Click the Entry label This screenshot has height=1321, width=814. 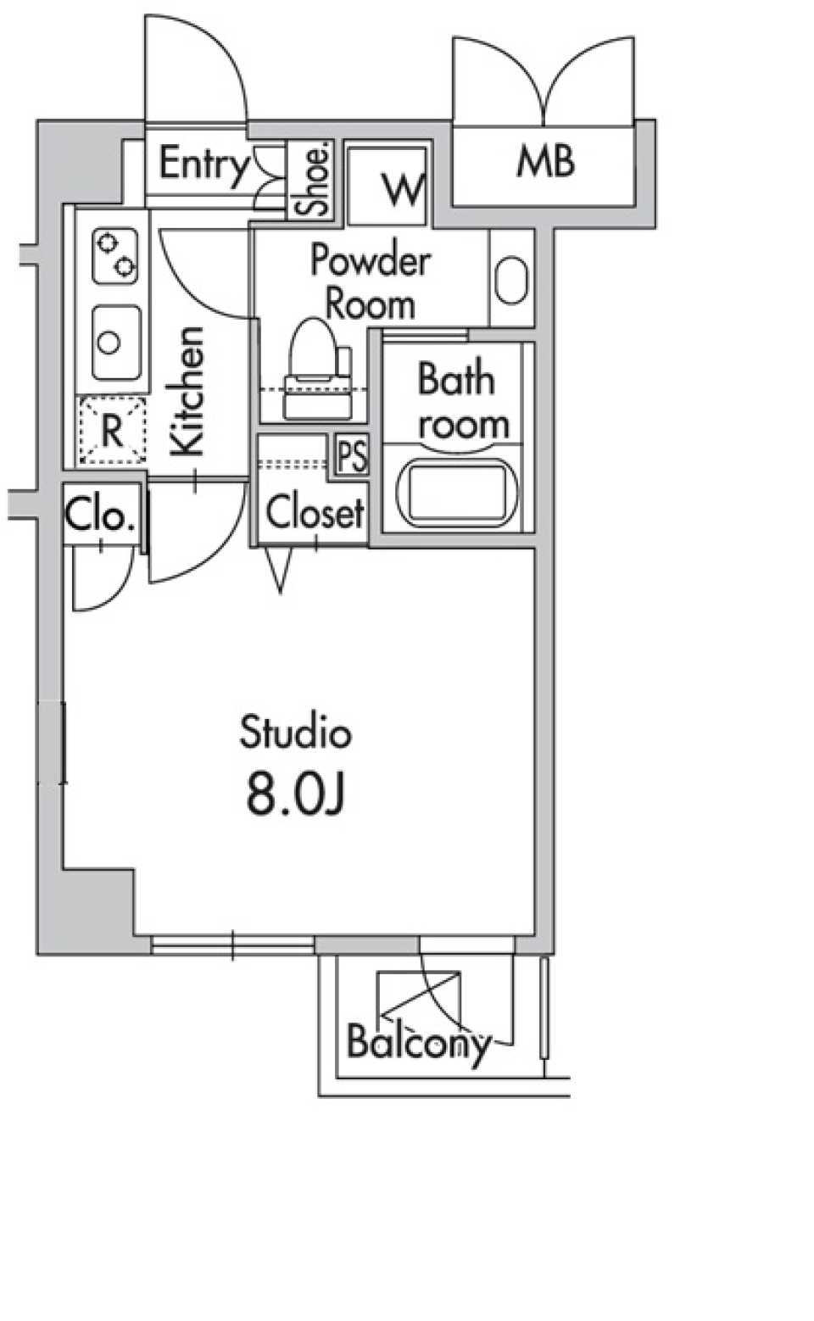pos(203,164)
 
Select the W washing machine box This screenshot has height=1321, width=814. pos(387,186)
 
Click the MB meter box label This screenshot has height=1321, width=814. pos(545,161)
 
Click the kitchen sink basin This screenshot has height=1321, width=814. pos(115,343)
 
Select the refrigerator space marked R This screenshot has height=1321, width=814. pos(112,431)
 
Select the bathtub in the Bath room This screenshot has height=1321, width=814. pos(459,494)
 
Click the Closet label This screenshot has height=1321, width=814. pos(314,512)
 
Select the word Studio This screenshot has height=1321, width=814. pos(295,733)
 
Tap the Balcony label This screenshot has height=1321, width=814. pos(418,1042)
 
